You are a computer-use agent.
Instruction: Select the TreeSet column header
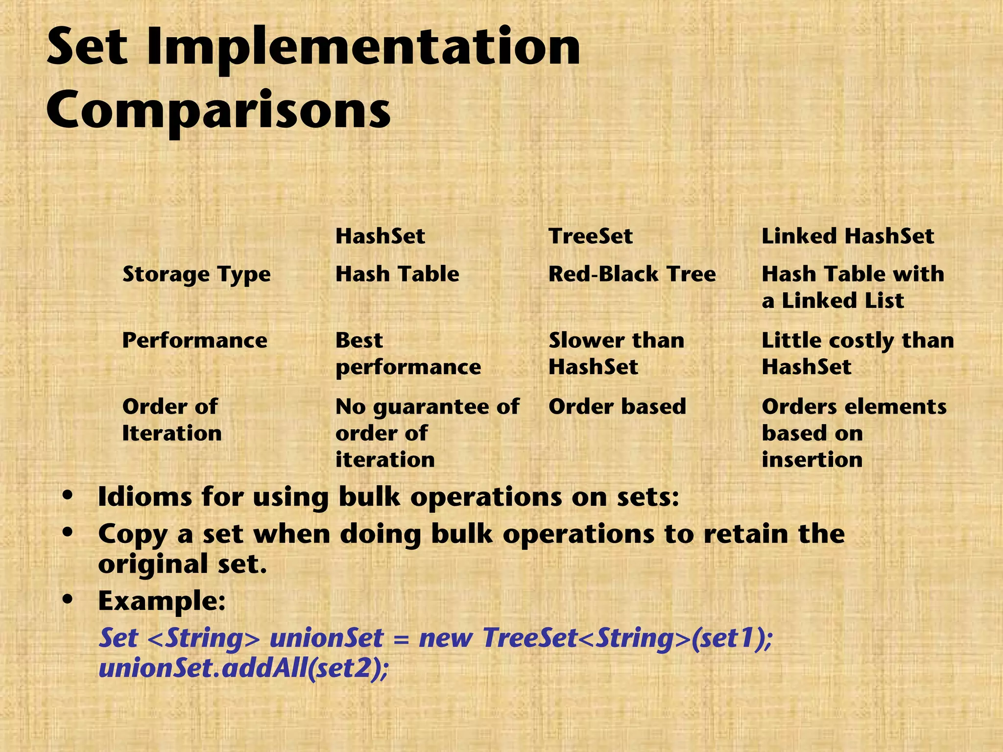(590, 236)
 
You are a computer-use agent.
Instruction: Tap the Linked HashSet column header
(847, 236)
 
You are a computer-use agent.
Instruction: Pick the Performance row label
(194, 340)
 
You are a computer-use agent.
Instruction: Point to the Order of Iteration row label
(171, 420)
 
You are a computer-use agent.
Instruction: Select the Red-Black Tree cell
(632, 274)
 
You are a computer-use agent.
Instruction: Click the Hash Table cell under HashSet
(397, 274)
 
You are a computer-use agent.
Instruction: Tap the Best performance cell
(407, 353)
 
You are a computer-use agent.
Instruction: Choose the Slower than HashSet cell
(616, 353)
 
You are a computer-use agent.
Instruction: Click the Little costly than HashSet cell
(857, 353)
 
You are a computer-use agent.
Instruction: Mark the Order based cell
(617, 407)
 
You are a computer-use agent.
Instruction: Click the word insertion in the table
(812, 460)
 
